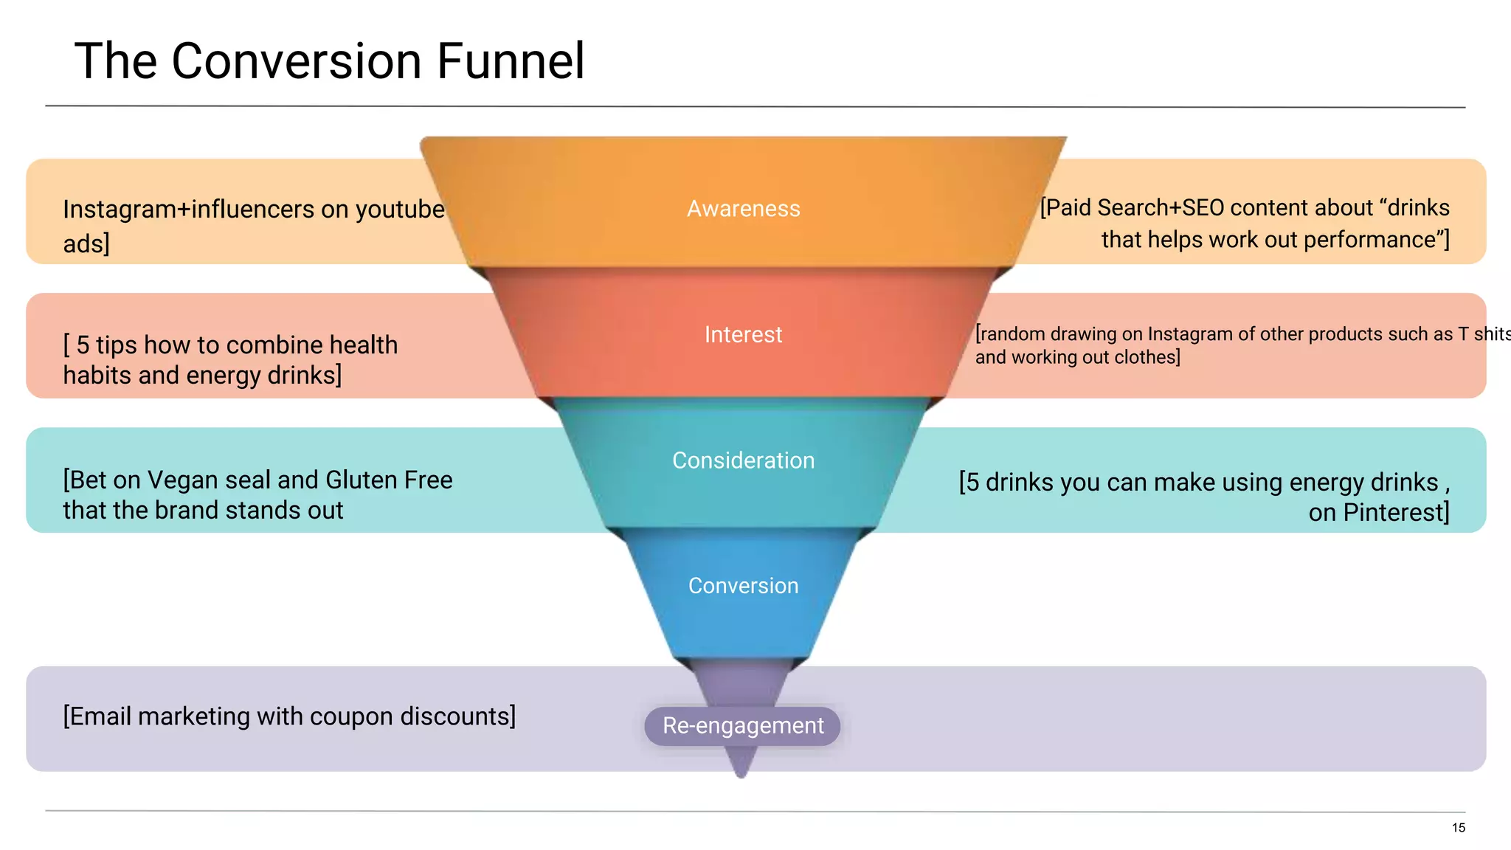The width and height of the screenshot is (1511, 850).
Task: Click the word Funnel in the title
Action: click(x=511, y=61)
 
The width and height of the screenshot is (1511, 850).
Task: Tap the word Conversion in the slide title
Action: click(x=298, y=61)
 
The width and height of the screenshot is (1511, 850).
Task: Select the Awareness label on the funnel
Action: click(x=743, y=209)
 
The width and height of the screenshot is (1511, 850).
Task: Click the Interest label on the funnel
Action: click(x=743, y=335)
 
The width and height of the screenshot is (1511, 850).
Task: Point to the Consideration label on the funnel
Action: click(x=743, y=460)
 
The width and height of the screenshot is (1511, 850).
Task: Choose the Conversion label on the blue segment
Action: click(x=743, y=586)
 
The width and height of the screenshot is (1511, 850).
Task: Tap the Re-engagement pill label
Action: click(x=742, y=726)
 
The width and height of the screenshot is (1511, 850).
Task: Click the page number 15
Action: click(x=1458, y=828)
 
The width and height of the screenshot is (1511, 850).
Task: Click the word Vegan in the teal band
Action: click(x=183, y=480)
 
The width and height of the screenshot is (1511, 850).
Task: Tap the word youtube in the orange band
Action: click(x=400, y=210)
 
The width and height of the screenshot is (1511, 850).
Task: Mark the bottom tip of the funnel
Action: click(x=741, y=775)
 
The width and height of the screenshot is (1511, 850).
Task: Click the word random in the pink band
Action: click(x=1012, y=334)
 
